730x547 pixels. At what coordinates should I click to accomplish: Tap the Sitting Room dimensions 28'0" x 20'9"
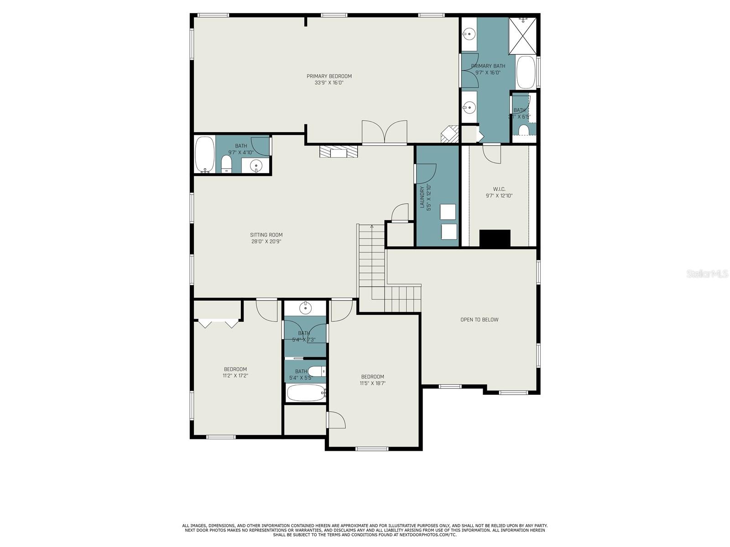tap(266, 242)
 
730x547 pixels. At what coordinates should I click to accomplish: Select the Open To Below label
tap(479, 320)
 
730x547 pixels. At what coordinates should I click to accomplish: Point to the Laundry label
tap(422, 197)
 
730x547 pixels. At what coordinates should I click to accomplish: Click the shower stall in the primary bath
tap(523, 36)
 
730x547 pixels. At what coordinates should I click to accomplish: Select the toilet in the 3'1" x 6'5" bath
tap(523, 130)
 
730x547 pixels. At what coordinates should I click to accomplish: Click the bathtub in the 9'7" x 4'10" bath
tap(204, 154)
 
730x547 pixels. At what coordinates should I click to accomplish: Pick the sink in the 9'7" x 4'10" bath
tap(256, 165)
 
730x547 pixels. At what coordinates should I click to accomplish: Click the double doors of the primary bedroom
tap(385, 132)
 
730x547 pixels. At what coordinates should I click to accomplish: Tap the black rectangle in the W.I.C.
tap(495, 238)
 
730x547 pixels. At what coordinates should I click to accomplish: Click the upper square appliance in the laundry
tap(448, 212)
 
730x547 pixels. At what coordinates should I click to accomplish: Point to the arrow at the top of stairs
tap(372, 227)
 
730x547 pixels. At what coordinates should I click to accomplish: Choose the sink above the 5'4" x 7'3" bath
tap(305, 309)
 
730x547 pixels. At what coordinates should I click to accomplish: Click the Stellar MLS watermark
tap(707, 273)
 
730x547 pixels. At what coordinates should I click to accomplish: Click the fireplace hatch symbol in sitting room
tap(339, 151)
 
